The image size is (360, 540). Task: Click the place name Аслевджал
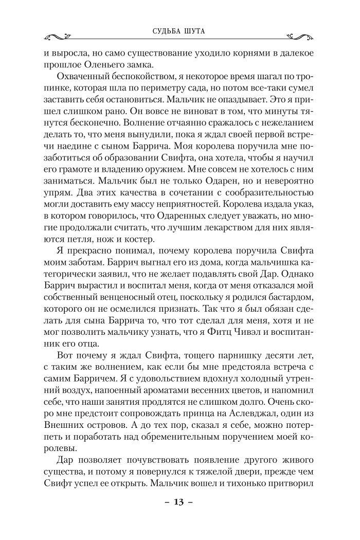coord(244,425)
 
